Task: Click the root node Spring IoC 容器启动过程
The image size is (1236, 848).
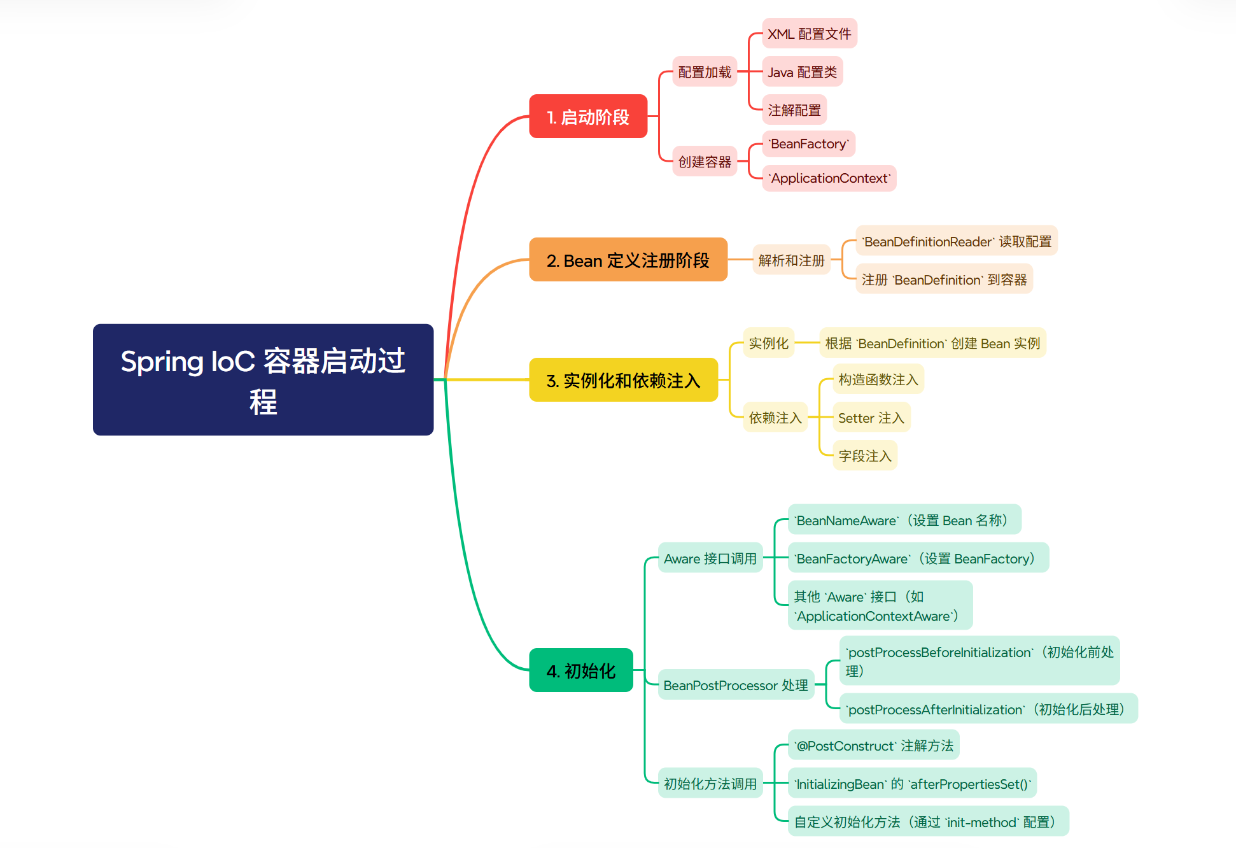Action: [x=263, y=379]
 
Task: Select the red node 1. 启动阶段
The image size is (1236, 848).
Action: [x=588, y=117]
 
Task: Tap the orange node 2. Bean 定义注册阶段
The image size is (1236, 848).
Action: [x=628, y=260]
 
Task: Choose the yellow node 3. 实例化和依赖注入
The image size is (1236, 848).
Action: [x=623, y=380]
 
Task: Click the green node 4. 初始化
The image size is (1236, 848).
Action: [x=580, y=670]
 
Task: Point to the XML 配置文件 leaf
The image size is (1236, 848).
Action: [x=809, y=34]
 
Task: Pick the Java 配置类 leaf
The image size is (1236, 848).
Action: [x=802, y=72]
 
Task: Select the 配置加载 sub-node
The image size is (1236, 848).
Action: [x=705, y=72]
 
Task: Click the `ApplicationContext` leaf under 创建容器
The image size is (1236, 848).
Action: [x=829, y=178]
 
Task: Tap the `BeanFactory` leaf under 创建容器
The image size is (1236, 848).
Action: [x=808, y=144]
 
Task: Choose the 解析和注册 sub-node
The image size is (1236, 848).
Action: [x=791, y=260]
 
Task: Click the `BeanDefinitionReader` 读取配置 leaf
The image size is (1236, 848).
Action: [x=956, y=241]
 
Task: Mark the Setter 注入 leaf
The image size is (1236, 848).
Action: [x=871, y=418]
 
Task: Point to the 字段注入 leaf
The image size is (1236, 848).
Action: [x=864, y=456]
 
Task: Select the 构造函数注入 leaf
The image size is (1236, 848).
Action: [x=878, y=379]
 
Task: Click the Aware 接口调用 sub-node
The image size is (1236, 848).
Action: [x=710, y=558]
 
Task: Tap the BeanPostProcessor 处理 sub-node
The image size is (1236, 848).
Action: [x=735, y=685]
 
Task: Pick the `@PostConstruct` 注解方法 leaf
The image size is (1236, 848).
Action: [x=873, y=746]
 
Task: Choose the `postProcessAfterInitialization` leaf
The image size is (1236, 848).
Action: [x=988, y=709]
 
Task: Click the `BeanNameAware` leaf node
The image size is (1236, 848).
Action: [x=904, y=520]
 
